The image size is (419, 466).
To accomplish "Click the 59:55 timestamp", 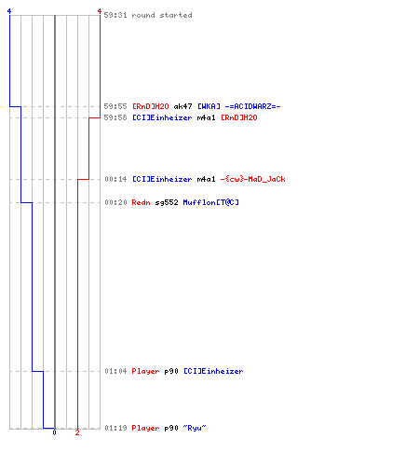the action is click(x=115, y=106).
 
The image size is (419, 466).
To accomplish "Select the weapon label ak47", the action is click(x=182, y=106).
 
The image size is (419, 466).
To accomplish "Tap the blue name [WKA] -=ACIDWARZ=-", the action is click(x=239, y=106).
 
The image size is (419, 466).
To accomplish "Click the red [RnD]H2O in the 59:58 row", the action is click(x=239, y=117).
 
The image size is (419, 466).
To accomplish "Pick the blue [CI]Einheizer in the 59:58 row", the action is click(x=162, y=117).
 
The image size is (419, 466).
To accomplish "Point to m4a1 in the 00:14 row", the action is click(x=206, y=179).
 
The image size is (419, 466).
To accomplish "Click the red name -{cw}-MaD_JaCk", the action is click(x=252, y=179).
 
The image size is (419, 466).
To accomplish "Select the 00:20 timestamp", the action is click(x=115, y=202).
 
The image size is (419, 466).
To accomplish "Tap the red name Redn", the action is click(x=141, y=202).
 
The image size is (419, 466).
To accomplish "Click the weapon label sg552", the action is click(x=167, y=203).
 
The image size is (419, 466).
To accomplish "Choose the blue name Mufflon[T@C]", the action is click(x=211, y=202).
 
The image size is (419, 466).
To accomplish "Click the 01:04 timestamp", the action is click(x=115, y=371).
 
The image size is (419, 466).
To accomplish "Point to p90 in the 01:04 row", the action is click(x=171, y=372).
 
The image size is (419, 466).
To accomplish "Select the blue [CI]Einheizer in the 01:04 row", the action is click(x=213, y=371).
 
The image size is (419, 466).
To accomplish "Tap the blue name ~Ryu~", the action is click(x=195, y=428).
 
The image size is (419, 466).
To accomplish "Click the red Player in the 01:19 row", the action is click(x=145, y=428).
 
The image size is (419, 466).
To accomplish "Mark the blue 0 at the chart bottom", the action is click(x=54, y=432).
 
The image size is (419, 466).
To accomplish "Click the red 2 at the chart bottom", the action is click(x=77, y=432).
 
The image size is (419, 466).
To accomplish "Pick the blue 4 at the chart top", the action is click(x=9, y=11).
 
